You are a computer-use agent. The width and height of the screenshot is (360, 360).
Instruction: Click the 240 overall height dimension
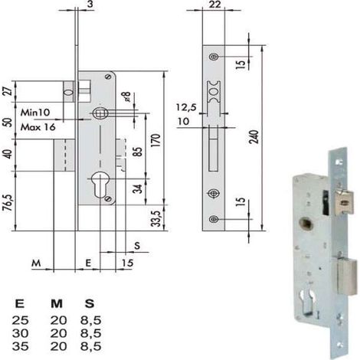[x=254, y=136]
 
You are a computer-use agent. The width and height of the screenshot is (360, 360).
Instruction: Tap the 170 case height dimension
[x=156, y=140]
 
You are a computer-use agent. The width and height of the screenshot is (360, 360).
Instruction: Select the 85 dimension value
[x=138, y=152]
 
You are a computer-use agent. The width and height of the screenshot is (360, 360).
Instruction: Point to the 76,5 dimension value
[x=8, y=202]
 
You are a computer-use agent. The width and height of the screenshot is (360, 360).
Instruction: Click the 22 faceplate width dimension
[x=214, y=5]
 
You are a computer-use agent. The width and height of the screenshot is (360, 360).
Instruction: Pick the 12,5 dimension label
[x=186, y=107]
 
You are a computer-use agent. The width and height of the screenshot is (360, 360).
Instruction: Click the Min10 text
[x=35, y=113]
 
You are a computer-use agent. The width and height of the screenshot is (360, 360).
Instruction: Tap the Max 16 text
[x=38, y=127]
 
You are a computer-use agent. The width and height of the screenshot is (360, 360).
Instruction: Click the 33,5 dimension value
[x=156, y=218]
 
